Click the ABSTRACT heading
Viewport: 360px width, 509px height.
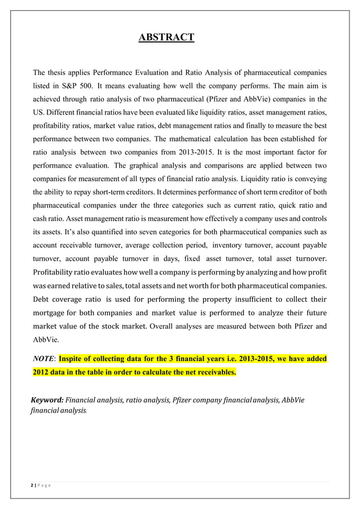pyautogui.click(x=166, y=38)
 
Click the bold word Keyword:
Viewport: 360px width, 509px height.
pyautogui.click(x=47, y=400)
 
